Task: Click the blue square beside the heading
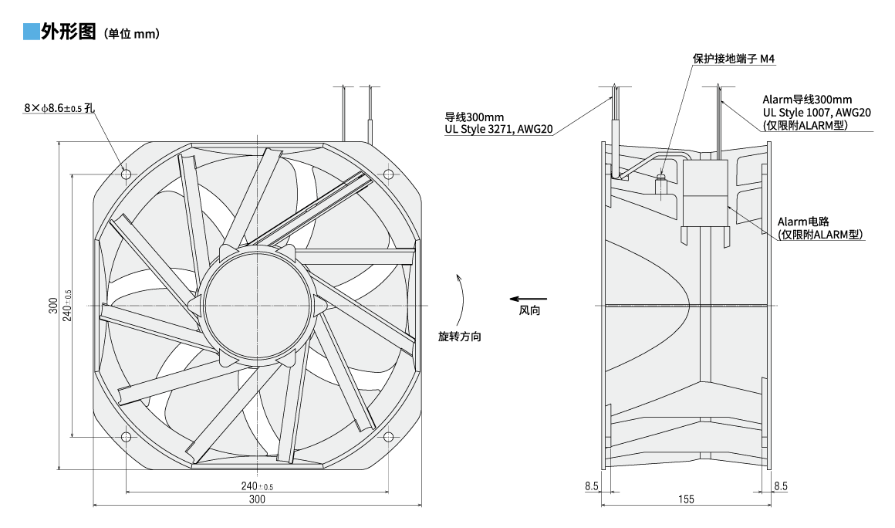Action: point(31,33)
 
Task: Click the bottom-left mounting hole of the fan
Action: point(126,436)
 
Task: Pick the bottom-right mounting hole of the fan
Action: point(388,436)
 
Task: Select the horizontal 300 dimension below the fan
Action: point(257,499)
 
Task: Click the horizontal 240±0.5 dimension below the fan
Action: point(257,486)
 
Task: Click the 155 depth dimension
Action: point(686,499)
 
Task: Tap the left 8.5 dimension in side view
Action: point(592,486)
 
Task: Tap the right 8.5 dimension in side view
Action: point(780,486)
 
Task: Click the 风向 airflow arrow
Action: point(528,299)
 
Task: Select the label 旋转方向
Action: point(460,337)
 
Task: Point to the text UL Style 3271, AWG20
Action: point(498,129)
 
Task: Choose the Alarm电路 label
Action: point(802,222)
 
